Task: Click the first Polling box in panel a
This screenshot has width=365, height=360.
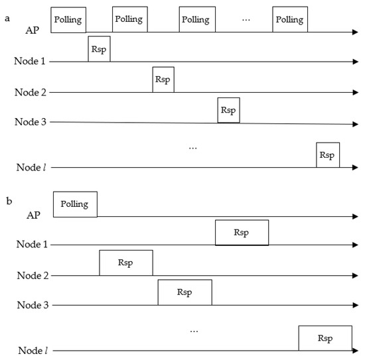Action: point(68,20)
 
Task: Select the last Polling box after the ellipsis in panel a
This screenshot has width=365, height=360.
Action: point(290,20)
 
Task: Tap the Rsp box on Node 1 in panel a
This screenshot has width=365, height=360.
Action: point(99,50)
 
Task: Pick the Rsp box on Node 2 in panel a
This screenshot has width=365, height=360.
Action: point(163,80)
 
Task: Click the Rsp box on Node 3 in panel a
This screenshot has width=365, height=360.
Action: point(228,110)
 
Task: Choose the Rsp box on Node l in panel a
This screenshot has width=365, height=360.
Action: point(327,155)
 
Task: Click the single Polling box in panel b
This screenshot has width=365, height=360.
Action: point(75,204)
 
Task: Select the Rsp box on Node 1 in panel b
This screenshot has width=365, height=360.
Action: point(242,233)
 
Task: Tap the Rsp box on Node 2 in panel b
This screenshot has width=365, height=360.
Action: point(125,263)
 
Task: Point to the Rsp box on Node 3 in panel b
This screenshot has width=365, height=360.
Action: point(184,292)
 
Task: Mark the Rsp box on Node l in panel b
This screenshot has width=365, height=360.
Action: point(325,337)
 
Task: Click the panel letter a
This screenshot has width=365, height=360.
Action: point(7,19)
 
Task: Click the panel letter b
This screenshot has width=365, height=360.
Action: point(9,199)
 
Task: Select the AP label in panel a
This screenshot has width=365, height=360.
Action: point(32,30)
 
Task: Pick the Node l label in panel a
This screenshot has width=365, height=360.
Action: point(31,168)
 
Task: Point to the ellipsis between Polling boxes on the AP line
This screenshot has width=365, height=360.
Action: point(246,20)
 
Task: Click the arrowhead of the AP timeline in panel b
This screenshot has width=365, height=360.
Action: point(356,217)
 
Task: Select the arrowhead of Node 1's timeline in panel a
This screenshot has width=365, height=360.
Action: point(356,62)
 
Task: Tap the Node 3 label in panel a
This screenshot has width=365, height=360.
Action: point(31,122)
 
